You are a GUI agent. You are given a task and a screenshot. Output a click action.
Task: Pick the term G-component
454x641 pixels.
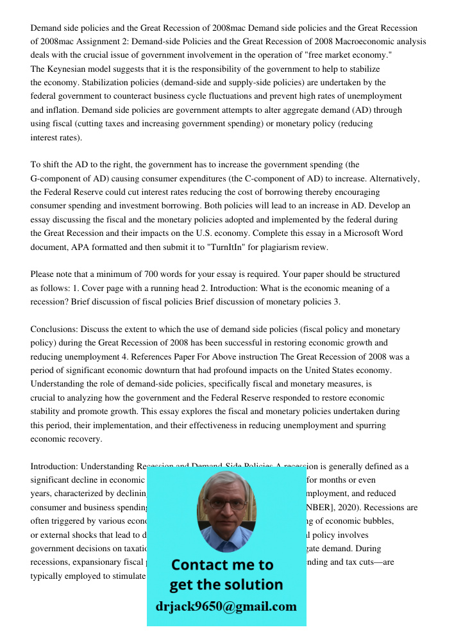[58, 178]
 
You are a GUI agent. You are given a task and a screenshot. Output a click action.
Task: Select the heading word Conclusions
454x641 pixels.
[54, 329]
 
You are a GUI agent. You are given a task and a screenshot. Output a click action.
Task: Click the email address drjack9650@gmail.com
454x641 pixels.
[226, 606]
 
